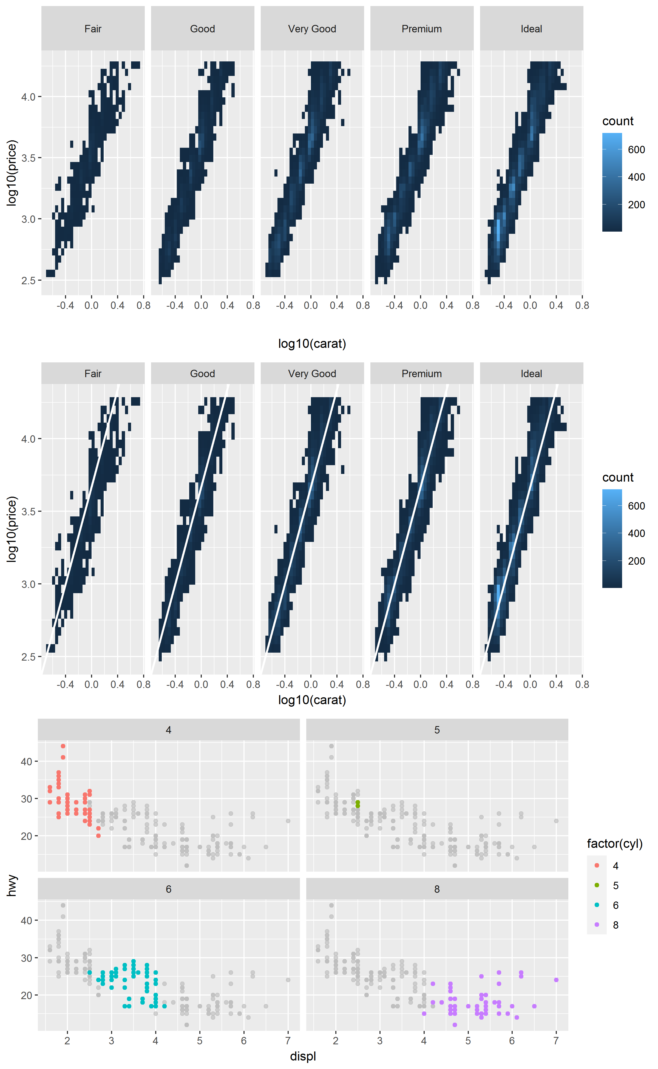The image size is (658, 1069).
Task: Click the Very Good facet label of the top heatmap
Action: [x=312, y=29]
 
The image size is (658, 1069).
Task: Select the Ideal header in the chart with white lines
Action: [x=531, y=373]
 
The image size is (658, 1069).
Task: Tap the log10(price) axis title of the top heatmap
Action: [x=12, y=173]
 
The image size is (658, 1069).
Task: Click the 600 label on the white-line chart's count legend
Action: [x=636, y=506]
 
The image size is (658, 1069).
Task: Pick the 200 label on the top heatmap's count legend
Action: [x=636, y=205]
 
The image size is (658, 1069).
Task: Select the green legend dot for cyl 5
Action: [x=597, y=885]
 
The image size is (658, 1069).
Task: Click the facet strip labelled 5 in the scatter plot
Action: [x=437, y=730]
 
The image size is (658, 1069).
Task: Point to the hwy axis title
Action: [x=12, y=886]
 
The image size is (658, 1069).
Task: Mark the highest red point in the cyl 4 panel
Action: [x=63, y=746]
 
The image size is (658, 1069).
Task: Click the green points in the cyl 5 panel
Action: [x=358, y=804]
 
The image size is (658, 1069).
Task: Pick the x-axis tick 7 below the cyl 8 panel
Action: [x=556, y=1041]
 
